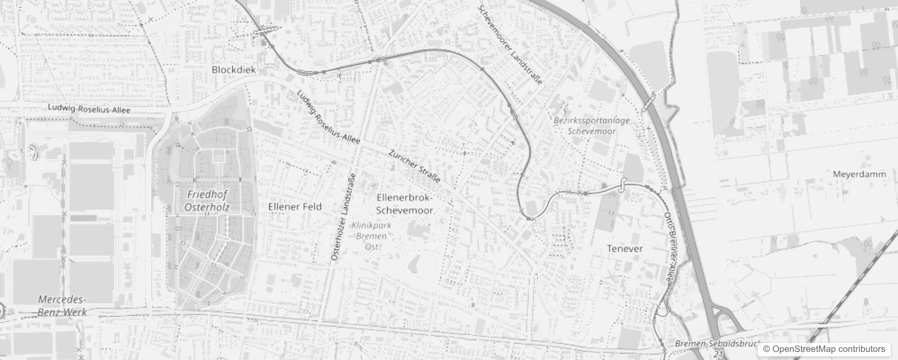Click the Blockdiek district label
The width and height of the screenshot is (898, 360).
[233, 70]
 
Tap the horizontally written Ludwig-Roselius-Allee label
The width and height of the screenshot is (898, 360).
[89, 109]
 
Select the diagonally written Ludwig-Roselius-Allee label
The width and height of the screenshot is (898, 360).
[328, 117]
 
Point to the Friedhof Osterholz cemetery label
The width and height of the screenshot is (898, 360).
[207, 201]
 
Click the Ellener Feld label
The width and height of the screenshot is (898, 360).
[295, 207]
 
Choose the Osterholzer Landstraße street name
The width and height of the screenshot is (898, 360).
[343, 217]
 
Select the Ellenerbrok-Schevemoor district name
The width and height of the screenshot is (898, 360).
[404, 204]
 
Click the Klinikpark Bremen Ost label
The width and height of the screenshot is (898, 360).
[372, 236]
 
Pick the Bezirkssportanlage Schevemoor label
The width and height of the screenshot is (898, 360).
[592, 126]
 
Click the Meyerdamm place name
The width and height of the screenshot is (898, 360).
[859, 174]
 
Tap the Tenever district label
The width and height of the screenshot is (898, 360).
[625, 249]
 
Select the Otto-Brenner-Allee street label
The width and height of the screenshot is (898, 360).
[668, 248]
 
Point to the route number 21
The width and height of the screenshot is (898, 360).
[718, 355]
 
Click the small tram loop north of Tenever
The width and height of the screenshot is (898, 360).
[623, 184]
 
